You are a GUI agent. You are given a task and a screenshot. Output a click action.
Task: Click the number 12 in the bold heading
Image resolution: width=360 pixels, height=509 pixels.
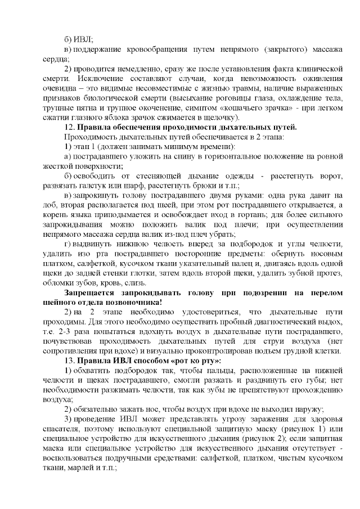click(x=69, y=127)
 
